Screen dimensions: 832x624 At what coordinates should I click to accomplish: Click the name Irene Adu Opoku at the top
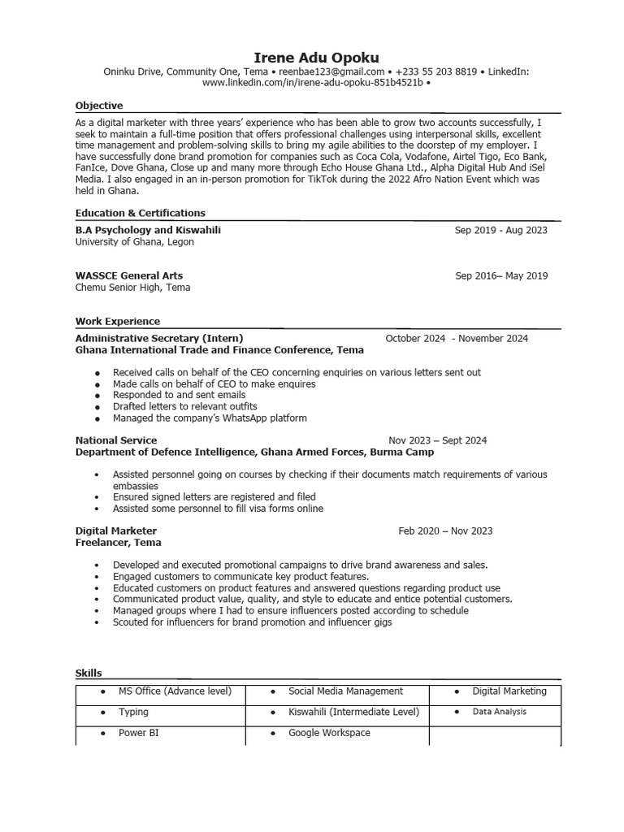316,57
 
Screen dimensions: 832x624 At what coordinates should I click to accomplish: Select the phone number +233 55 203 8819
436,72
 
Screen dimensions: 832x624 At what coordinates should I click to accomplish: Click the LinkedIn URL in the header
312,84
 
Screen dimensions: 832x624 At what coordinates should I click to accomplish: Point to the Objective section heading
99,106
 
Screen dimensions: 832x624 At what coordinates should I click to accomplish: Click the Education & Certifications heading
140,213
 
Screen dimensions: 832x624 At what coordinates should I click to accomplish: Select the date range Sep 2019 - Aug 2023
500,231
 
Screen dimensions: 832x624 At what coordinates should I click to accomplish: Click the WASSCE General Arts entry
129,276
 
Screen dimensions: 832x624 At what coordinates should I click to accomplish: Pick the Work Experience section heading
118,322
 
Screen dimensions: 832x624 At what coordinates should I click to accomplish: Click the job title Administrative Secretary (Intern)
159,338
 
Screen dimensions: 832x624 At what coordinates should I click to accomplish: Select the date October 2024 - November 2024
456,338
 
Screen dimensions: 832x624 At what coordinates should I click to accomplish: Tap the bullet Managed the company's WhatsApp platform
210,418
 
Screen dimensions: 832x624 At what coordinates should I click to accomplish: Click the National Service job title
116,440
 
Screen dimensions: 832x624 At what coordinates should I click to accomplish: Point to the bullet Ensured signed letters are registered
214,496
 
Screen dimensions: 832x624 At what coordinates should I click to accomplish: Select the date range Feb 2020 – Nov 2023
444,531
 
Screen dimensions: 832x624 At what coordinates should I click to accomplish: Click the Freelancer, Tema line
118,543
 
